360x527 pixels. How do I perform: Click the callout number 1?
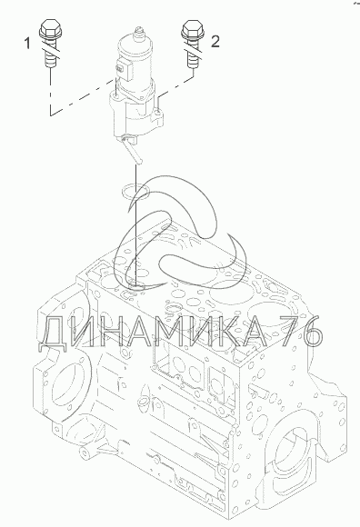[27, 44]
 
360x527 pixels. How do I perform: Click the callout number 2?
[215, 41]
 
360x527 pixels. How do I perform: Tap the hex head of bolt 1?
[50, 28]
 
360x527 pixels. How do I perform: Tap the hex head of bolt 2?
[193, 28]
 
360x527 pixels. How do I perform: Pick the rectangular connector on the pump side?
[124, 69]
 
